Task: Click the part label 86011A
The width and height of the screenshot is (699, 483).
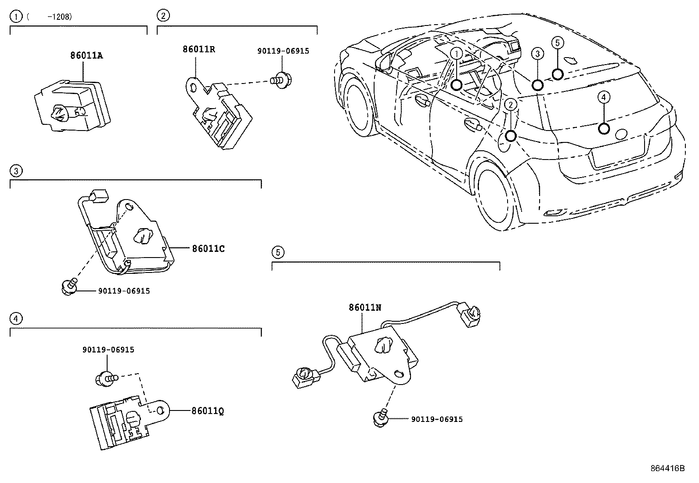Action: pyautogui.click(x=86, y=56)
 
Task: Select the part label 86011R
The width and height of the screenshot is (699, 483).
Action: pyautogui.click(x=199, y=49)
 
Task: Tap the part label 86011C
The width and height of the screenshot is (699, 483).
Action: pyautogui.click(x=208, y=249)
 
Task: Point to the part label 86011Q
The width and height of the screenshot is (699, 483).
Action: pyautogui.click(x=208, y=411)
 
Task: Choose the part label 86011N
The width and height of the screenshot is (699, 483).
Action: pyautogui.click(x=365, y=308)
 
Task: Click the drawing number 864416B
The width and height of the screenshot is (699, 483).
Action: pyautogui.click(x=667, y=468)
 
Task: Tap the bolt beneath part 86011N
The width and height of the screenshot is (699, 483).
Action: pyautogui.click(x=381, y=417)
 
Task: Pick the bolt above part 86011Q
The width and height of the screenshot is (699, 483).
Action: pyautogui.click(x=105, y=378)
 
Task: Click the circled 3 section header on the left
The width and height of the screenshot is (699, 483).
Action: pyautogui.click(x=15, y=171)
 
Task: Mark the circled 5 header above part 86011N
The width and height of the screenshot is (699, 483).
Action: pyautogui.click(x=277, y=252)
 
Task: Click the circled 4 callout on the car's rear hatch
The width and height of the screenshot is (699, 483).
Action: pyautogui.click(x=604, y=97)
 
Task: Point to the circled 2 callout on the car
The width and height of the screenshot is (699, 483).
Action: pyautogui.click(x=511, y=104)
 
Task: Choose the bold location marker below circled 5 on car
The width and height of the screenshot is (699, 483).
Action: pyautogui.click(x=557, y=74)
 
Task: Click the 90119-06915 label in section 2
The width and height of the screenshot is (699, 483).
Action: pyautogui.click(x=283, y=51)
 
